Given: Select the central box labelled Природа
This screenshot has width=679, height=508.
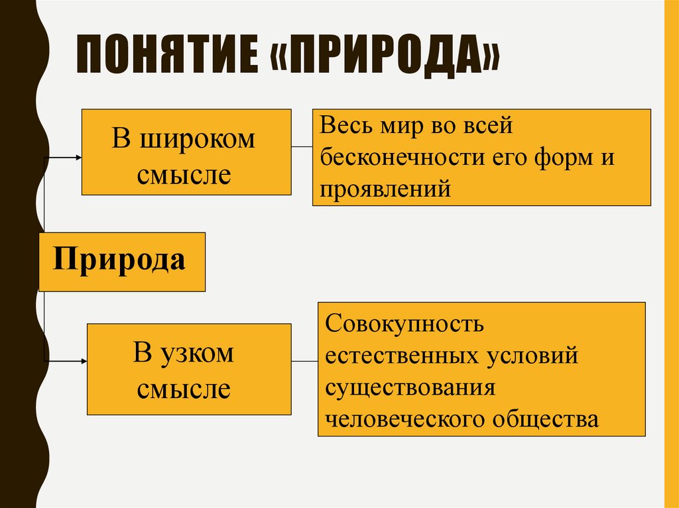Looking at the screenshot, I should tap(121, 261).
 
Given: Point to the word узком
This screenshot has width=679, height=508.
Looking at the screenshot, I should tap(197, 352).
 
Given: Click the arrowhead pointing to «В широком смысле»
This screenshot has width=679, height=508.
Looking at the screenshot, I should tap(78, 157).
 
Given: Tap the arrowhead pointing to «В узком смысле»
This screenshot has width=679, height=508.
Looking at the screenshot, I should tap(84, 361).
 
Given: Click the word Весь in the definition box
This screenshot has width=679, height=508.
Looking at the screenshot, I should tap(346, 126).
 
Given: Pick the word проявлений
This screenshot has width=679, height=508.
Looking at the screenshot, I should tap(385, 190).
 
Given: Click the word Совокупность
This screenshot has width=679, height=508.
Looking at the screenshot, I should tap(404, 325).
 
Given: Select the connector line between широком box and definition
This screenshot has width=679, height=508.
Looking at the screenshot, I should tap(302, 146).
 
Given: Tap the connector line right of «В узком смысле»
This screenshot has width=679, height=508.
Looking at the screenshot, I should tap(304, 361).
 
